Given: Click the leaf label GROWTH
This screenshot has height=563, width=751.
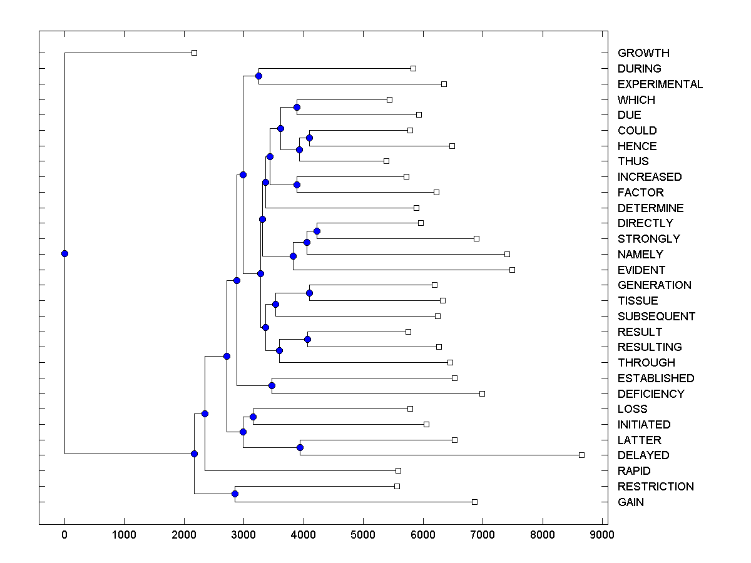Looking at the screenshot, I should tap(643, 53).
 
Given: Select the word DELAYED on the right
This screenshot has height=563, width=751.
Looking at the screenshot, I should tap(643, 455).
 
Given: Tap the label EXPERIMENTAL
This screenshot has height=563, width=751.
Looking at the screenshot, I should tap(660, 84).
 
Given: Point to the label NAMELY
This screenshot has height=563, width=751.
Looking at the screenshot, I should tap(640, 255).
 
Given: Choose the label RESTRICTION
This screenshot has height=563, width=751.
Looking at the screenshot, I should tap(656, 487).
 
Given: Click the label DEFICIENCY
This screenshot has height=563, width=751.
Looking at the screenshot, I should tap(651, 394).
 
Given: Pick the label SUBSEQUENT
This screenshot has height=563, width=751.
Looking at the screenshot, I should tap(656, 317).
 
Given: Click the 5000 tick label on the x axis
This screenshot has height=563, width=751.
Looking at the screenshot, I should tap(363, 535).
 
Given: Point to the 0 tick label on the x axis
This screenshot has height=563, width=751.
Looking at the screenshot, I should tap(64, 535).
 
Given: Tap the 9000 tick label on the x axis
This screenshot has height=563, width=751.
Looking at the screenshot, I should tap(602, 535).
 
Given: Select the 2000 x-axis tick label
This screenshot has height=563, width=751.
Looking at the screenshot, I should tap(184, 535).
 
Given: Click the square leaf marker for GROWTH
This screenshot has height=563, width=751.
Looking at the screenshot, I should tap(194, 53).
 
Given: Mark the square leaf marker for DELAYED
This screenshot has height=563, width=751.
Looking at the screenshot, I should tap(581, 455).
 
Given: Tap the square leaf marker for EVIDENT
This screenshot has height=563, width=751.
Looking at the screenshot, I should tap(512, 270).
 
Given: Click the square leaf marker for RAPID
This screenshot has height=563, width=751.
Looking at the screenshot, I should tap(398, 470).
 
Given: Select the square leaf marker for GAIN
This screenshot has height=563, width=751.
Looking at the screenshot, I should tap(474, 502).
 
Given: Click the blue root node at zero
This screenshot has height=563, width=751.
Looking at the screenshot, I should tap(64, 253).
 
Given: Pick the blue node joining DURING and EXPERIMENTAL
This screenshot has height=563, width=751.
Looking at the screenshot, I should tap(258, 76).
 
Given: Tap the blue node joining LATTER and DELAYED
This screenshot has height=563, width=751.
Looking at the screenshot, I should tap(300, 447).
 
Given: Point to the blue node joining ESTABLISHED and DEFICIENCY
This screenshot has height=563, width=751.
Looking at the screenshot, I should tap(272, 385).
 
